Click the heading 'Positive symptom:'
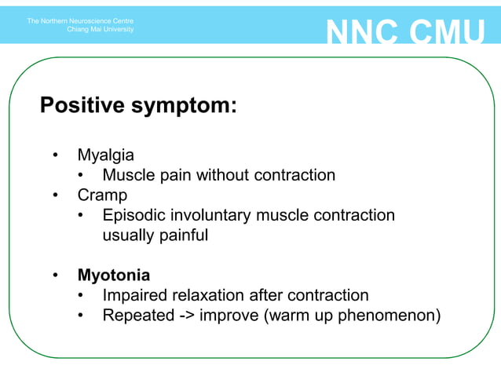click(x=138, y=105)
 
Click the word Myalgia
click(x=105, y=155)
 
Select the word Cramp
click(x=102, y=195)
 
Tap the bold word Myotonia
click(x=114, y=276)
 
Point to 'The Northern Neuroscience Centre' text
click(x=80, y=20)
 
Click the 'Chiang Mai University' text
click(x=101, y=30)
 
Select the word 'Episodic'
click(x=136, y=215)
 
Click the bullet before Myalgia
click(x=55, y=155)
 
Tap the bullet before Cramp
click(x=55, y=195)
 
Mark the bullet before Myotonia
click(x=55, y=276)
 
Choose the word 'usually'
click(x=130, y=235)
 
